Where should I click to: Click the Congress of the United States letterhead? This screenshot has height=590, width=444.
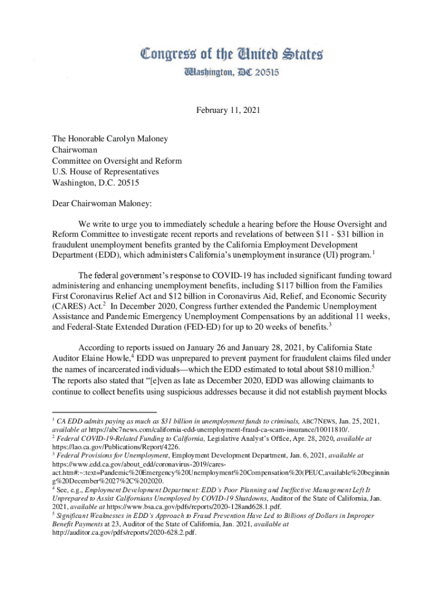point(232,55)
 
